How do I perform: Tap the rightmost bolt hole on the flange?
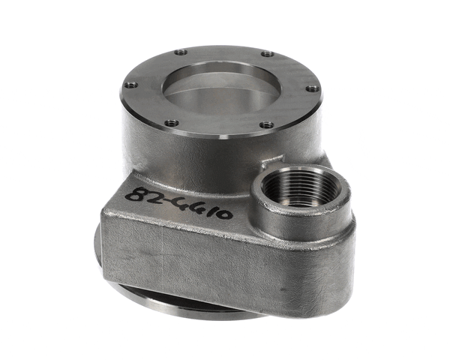[x=312, y=88]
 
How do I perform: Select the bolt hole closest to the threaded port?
[x=267, y=124]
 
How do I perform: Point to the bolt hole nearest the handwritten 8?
[x=172, y=122]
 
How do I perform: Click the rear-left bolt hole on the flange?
[x=180, y=52]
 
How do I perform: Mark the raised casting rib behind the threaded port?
[x=271, y=160]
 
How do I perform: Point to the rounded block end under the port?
[x=315, y=262]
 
